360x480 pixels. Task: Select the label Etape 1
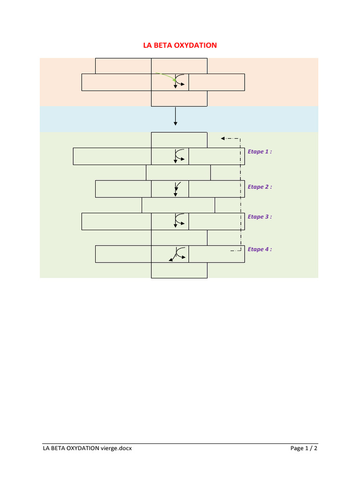[259, 152]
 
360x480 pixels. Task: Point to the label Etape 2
[259, 187]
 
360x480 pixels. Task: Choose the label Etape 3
[259, 217]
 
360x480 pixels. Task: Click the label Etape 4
[259, 249]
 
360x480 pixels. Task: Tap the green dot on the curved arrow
[175, 81]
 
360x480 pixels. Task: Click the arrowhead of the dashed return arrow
[223, 138]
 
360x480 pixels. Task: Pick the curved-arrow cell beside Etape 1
[170, 156]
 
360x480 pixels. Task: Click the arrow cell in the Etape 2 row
[170, 189]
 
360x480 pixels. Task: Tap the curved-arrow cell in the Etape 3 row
[170, 221]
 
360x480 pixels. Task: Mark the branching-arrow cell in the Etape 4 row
[170, 254]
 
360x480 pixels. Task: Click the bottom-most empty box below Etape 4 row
[179, 270]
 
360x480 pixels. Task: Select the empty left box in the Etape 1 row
[112, 156]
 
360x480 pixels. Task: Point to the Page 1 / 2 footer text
[304, 448]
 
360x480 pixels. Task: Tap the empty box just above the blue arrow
[179, 98]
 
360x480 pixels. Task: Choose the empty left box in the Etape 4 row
[123, 254]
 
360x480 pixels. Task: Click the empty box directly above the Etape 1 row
[179, 140]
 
